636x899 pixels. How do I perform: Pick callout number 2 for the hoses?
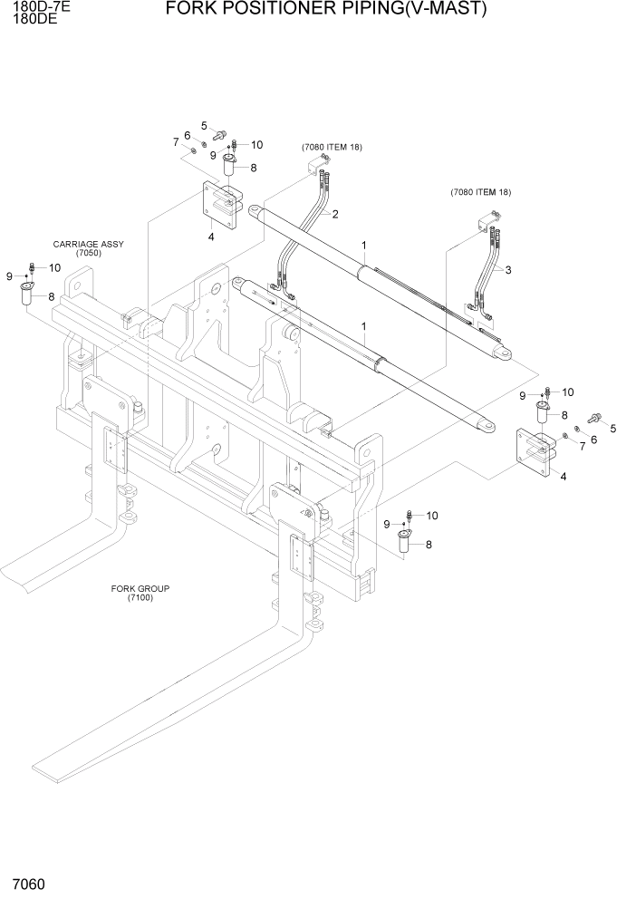tap(334, 215)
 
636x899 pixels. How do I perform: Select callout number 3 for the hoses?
tap(508, 270)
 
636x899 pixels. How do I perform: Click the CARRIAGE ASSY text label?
tap(89, 245)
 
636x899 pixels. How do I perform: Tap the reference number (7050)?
tap(89, 254)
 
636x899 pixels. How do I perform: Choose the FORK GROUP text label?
tap(140, 588)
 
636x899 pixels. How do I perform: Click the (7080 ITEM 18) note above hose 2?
tap(332, 147)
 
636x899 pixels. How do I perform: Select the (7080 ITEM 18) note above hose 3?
tap(481, 192)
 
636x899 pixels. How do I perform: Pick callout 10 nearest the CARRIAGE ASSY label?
tap(54, 267)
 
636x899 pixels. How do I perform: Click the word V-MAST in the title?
tap(457, 10)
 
